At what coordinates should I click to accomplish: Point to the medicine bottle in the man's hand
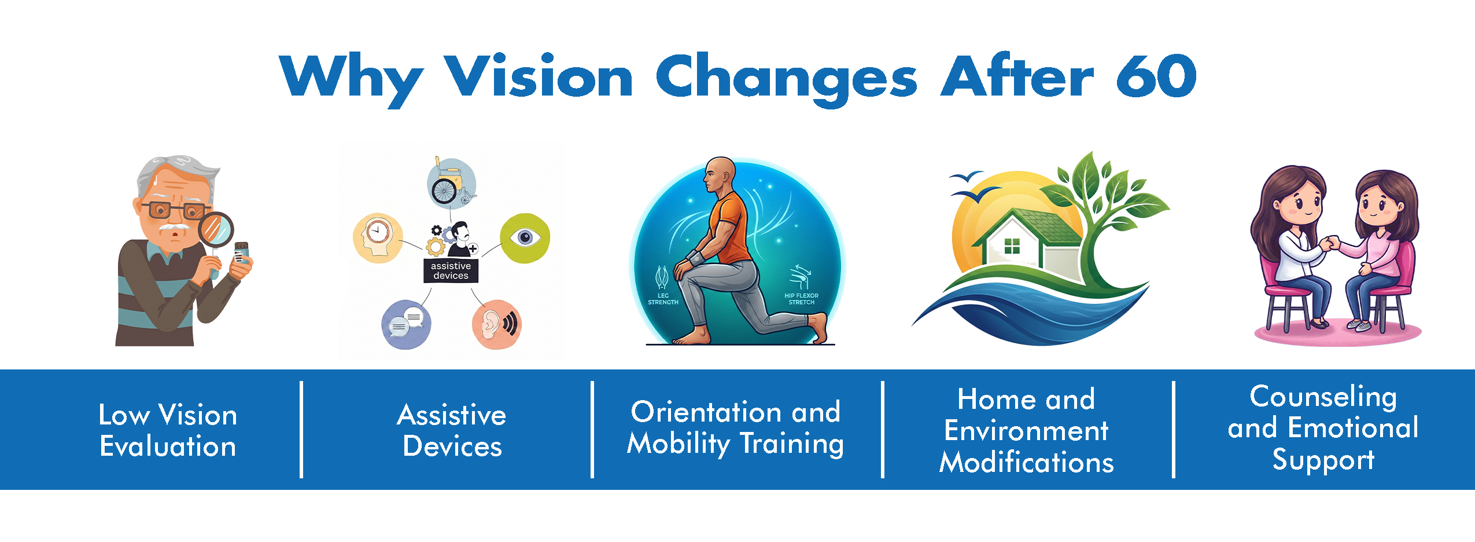coord(241,254)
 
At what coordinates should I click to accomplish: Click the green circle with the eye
coord(525,238)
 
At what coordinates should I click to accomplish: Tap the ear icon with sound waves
coord(496,324)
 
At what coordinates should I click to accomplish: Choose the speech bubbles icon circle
coord(407,324)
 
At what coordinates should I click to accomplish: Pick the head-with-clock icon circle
coord(378,238)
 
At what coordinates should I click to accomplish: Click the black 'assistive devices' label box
coord(451,270)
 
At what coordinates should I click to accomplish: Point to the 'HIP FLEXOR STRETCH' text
coord(801,299)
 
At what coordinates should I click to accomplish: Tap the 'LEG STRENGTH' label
coord(663,299)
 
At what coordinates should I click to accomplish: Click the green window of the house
coord(1012,246)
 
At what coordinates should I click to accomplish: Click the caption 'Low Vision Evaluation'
coord(168,430)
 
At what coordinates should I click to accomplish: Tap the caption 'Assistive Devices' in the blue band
coord(452,430)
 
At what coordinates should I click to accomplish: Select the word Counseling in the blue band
coord(1323,398)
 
